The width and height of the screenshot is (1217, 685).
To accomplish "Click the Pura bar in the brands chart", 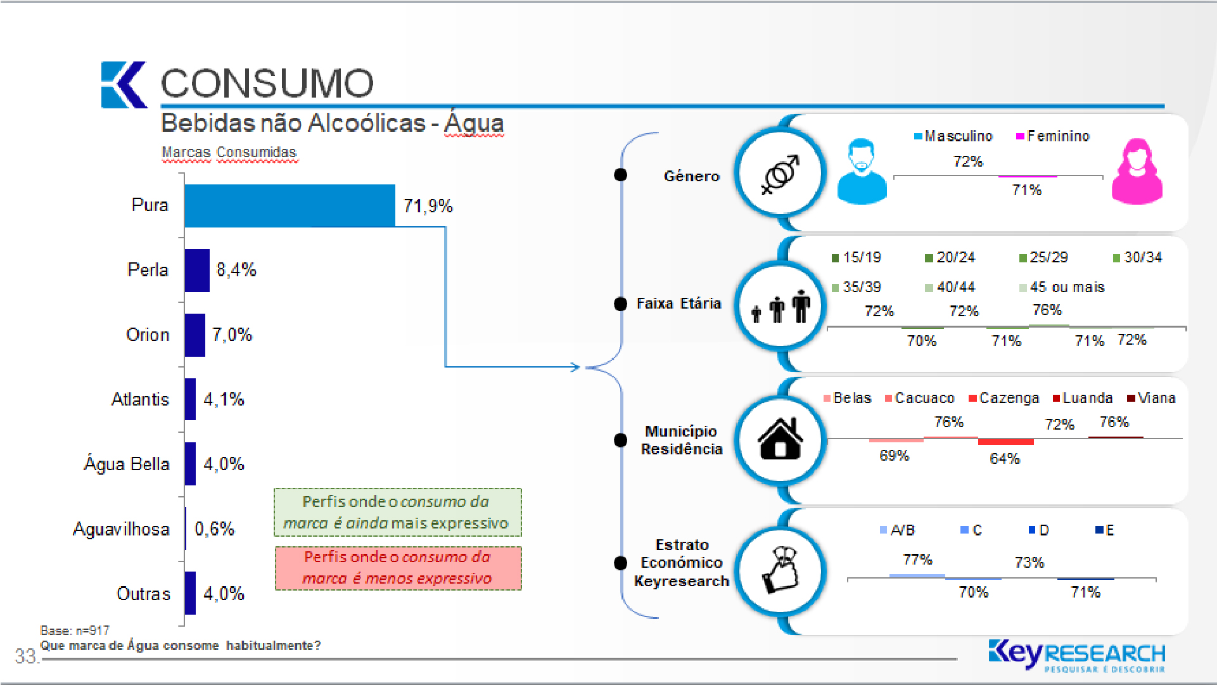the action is pyautogui.click(x=290, y=206).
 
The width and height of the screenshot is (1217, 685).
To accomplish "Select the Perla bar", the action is pyautogui.click(x=197, y=271).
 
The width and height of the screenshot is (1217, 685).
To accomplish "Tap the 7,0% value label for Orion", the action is pyautogui.click(x=232, y=335).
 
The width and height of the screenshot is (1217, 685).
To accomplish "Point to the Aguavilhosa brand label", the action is pyautogui.click(x=121, y=529).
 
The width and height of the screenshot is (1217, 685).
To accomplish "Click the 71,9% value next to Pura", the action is pyautogui.click(x=428, y=206).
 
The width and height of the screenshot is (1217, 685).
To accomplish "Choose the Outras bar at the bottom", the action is pyautogui.click(x=190, y=593).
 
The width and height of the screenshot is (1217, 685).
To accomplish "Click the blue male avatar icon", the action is pyautogui.click(x=862, y=171).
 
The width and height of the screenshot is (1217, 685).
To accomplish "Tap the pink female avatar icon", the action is pyautogui.click(x=1137, y=171).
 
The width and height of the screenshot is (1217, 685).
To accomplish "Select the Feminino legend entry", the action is pyautogui.click(x=1053, y=136).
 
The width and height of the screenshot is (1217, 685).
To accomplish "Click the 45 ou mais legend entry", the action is pyautogui.click(x=1062, y=287).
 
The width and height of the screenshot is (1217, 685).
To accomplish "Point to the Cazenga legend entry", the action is pyautogui.click(x=1004, y=398).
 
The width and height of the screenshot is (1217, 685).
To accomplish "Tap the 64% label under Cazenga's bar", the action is pyautogui.click(x=1005, y=458).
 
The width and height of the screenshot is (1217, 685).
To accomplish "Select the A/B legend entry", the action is pyautogui.click(x=898, y=530).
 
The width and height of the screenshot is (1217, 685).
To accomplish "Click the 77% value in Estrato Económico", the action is pyautogui.click(x=917, y=560).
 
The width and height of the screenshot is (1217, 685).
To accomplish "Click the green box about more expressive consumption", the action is pyautogui.click(x=398, y=512).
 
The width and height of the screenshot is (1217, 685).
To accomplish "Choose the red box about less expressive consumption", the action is pyautogui.click(x=398, y=568).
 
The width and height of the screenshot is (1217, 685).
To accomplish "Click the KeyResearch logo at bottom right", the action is pyautogui.click(x=1077, y=655).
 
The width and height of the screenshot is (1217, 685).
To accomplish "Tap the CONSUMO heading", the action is pyautogui.click(x=267, y=83).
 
